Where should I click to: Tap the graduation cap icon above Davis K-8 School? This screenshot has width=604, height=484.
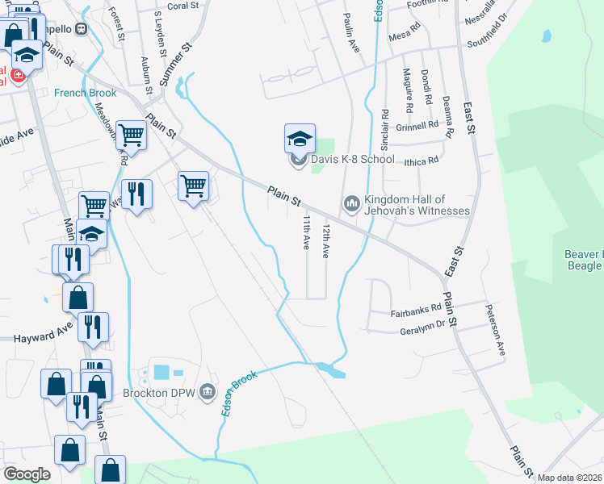300,139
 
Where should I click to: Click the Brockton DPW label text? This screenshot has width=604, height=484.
160,394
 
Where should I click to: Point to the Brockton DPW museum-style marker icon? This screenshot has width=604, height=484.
208,393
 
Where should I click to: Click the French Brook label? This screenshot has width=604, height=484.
86,93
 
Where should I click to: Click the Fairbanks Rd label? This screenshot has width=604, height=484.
416,308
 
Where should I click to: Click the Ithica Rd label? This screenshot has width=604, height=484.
422,161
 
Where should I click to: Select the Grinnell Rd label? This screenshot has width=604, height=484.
417,125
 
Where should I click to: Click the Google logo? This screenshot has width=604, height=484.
27,474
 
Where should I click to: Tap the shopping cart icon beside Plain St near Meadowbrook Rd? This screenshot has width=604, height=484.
131,135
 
